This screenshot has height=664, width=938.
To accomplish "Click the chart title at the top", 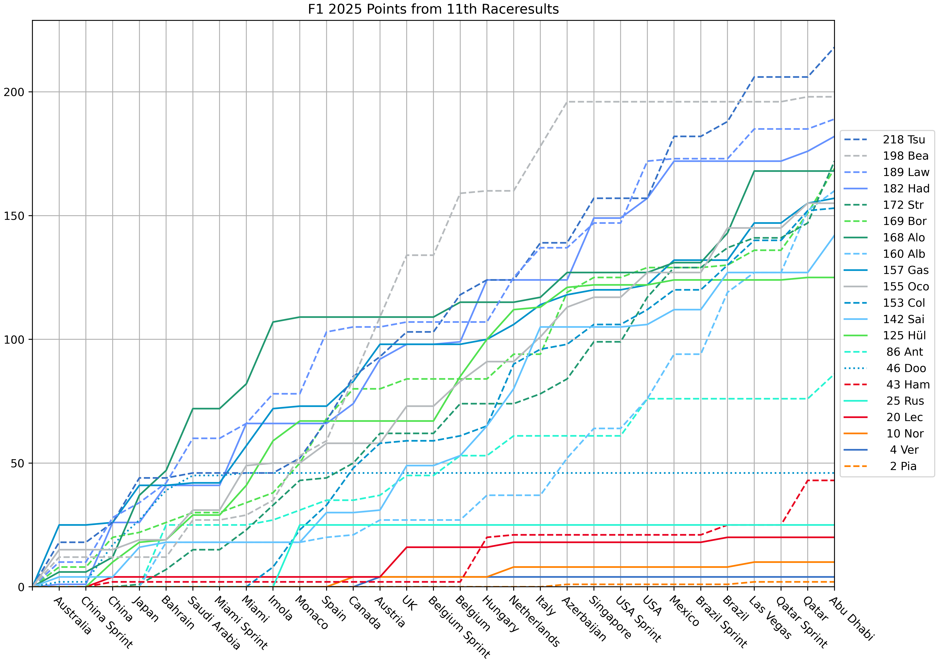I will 433,9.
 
